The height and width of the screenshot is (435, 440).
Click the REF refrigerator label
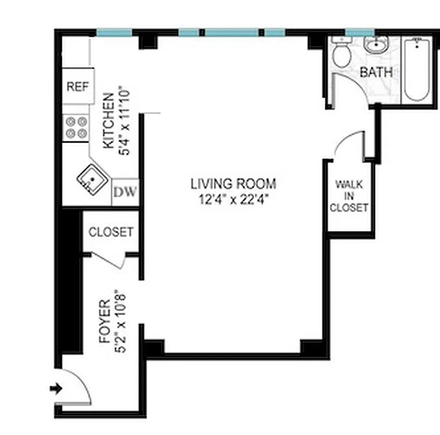(78, 86)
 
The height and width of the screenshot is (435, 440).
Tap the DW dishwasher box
(125, 192)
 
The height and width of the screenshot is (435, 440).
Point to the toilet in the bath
(342, 55)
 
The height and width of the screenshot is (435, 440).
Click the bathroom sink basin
(375, 46)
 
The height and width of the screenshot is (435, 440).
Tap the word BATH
(376, 72)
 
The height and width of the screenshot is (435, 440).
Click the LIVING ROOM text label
(233, 184)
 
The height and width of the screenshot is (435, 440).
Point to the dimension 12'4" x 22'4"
(233, 199)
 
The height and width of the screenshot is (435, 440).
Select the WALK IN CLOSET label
(349, 196)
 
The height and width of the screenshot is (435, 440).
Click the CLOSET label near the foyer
(110, 232)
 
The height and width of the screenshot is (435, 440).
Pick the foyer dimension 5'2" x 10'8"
(122, 321)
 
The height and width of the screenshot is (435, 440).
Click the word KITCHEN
(109, 121)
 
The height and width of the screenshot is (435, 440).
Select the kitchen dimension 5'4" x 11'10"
(125, 121)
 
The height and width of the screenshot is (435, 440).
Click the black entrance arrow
(56, 388)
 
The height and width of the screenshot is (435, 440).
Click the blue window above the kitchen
(114, 33)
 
